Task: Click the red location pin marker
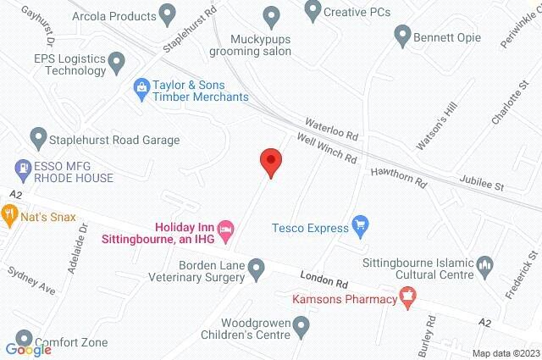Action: [x=270, y=161]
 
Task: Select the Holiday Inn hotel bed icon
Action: [x=225, y=228]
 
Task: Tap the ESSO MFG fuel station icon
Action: [x=24, y=169]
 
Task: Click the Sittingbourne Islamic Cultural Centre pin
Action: [x=485, y=267]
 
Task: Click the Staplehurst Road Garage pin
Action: [x=37, y=139]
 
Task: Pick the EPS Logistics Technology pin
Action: [x=117, y=62]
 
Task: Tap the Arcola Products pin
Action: [x=167, y=15]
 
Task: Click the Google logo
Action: [x=27, y=349]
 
